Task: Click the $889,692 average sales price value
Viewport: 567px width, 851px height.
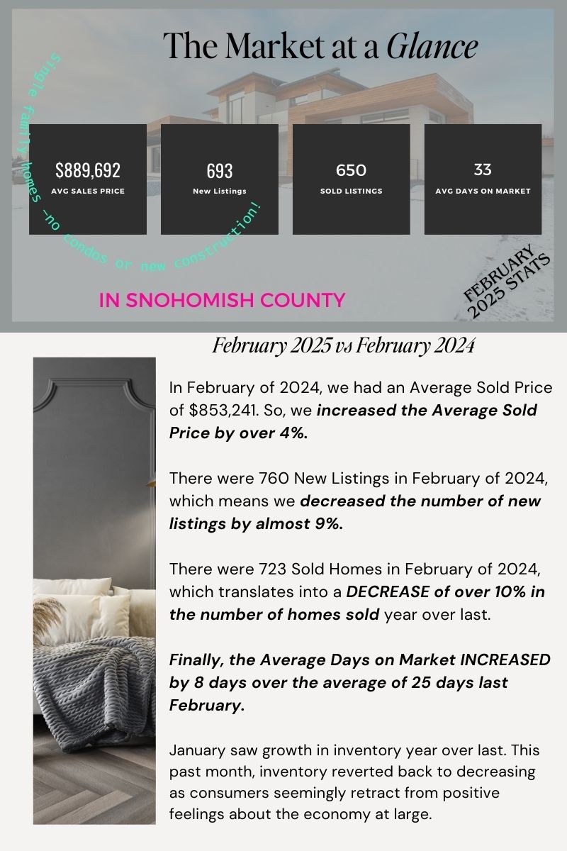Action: coord(88,170)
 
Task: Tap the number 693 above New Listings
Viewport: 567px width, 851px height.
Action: coord(220,171)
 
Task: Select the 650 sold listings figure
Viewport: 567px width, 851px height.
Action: coord(351,170)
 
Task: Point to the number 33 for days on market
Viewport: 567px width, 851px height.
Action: coord(483,169)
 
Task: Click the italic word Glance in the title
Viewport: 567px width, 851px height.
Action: coord(432,47)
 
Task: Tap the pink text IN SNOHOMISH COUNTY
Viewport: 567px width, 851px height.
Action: coord(222,300)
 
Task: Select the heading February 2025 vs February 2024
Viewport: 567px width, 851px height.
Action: coord(344,346)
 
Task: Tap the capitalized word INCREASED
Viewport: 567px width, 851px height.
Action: coord(505,660)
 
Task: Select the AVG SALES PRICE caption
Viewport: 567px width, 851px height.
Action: coord(88,191)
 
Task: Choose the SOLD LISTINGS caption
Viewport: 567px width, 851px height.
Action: coord(351,191)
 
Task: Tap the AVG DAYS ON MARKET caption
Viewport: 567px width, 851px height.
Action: coord(483,191)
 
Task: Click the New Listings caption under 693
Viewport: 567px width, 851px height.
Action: coord(220,191)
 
